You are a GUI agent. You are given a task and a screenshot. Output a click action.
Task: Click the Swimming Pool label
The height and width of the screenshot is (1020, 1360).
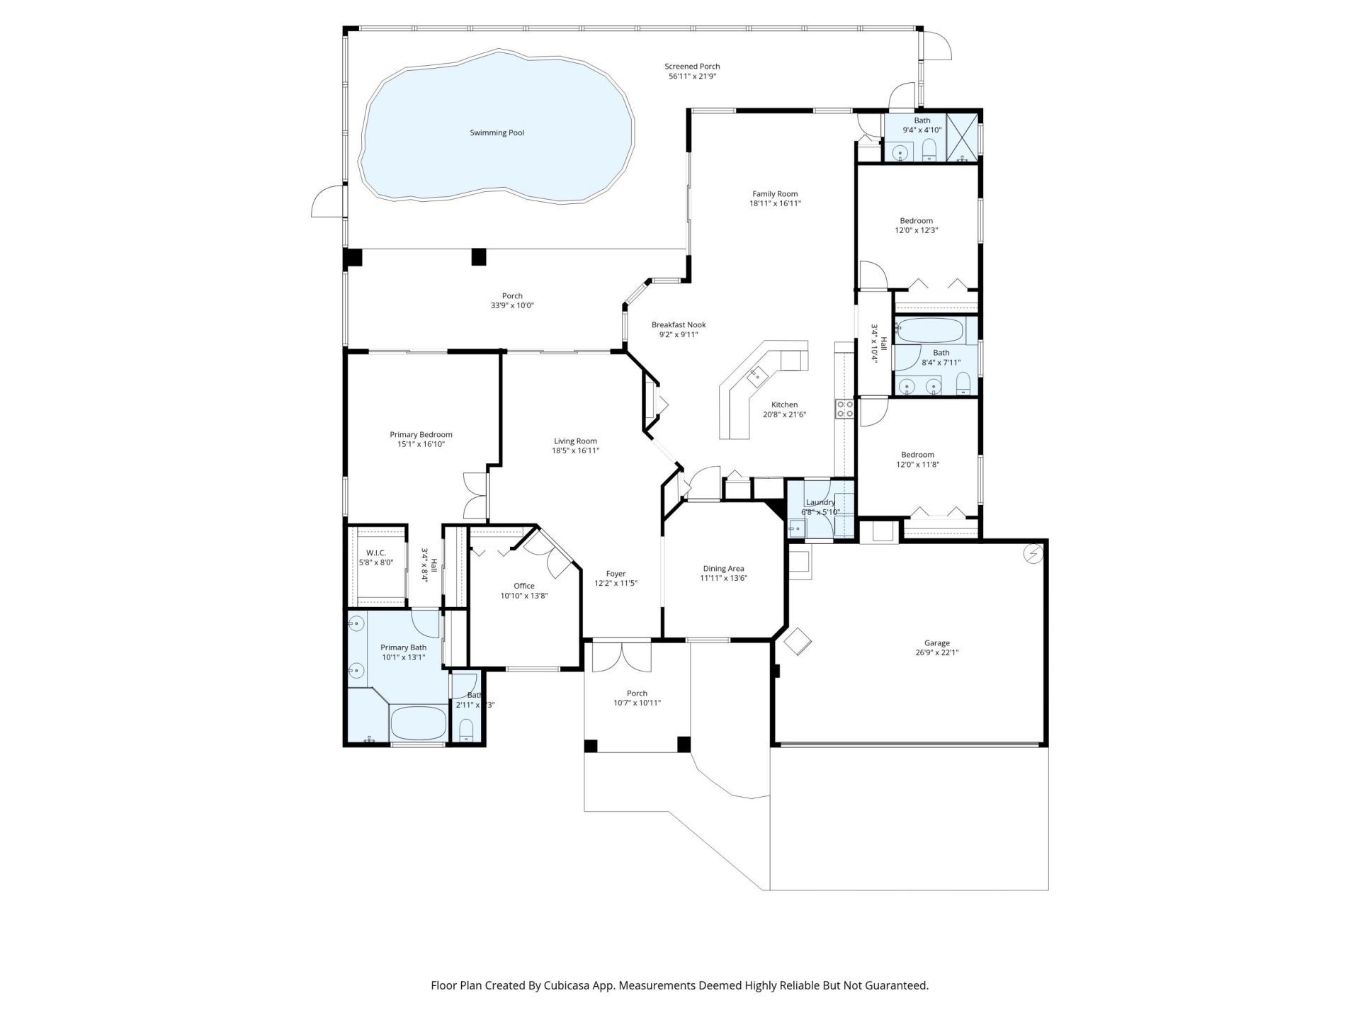[497, 132]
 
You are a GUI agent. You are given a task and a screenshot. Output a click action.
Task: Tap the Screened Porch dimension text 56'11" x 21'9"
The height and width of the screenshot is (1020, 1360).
[692, 76]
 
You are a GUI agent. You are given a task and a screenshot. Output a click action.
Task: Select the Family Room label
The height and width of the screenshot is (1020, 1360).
[775, 193]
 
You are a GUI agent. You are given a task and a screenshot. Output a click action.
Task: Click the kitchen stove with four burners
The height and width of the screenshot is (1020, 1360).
[845, 409]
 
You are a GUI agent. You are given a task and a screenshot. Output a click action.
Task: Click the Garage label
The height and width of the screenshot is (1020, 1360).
[936, 643]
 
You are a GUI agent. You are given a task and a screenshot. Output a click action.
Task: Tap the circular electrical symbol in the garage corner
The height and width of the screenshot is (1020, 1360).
[1033, 553]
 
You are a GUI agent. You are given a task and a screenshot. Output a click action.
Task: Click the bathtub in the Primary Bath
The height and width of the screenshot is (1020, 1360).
[418, 722]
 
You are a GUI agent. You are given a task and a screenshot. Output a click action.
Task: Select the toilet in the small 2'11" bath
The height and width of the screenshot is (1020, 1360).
[466, 729]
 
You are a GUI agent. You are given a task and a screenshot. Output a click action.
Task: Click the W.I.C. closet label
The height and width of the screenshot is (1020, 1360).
[375, 552]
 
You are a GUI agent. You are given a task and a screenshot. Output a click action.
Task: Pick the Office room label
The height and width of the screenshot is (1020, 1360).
[523, 586]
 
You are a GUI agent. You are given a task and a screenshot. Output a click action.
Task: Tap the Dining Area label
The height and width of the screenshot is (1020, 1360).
[723, 568]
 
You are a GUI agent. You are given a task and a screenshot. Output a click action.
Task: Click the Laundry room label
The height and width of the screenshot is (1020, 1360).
[820, 502]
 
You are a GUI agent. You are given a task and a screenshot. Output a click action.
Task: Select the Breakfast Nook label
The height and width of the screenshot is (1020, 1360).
[679, 325]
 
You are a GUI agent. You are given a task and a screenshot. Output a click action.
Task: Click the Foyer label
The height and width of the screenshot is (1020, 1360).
[616, 574]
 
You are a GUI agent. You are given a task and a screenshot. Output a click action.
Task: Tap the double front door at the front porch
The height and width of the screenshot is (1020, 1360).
[621, 657]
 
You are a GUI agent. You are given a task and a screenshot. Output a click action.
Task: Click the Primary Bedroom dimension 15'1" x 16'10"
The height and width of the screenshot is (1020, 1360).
[421, 445]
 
